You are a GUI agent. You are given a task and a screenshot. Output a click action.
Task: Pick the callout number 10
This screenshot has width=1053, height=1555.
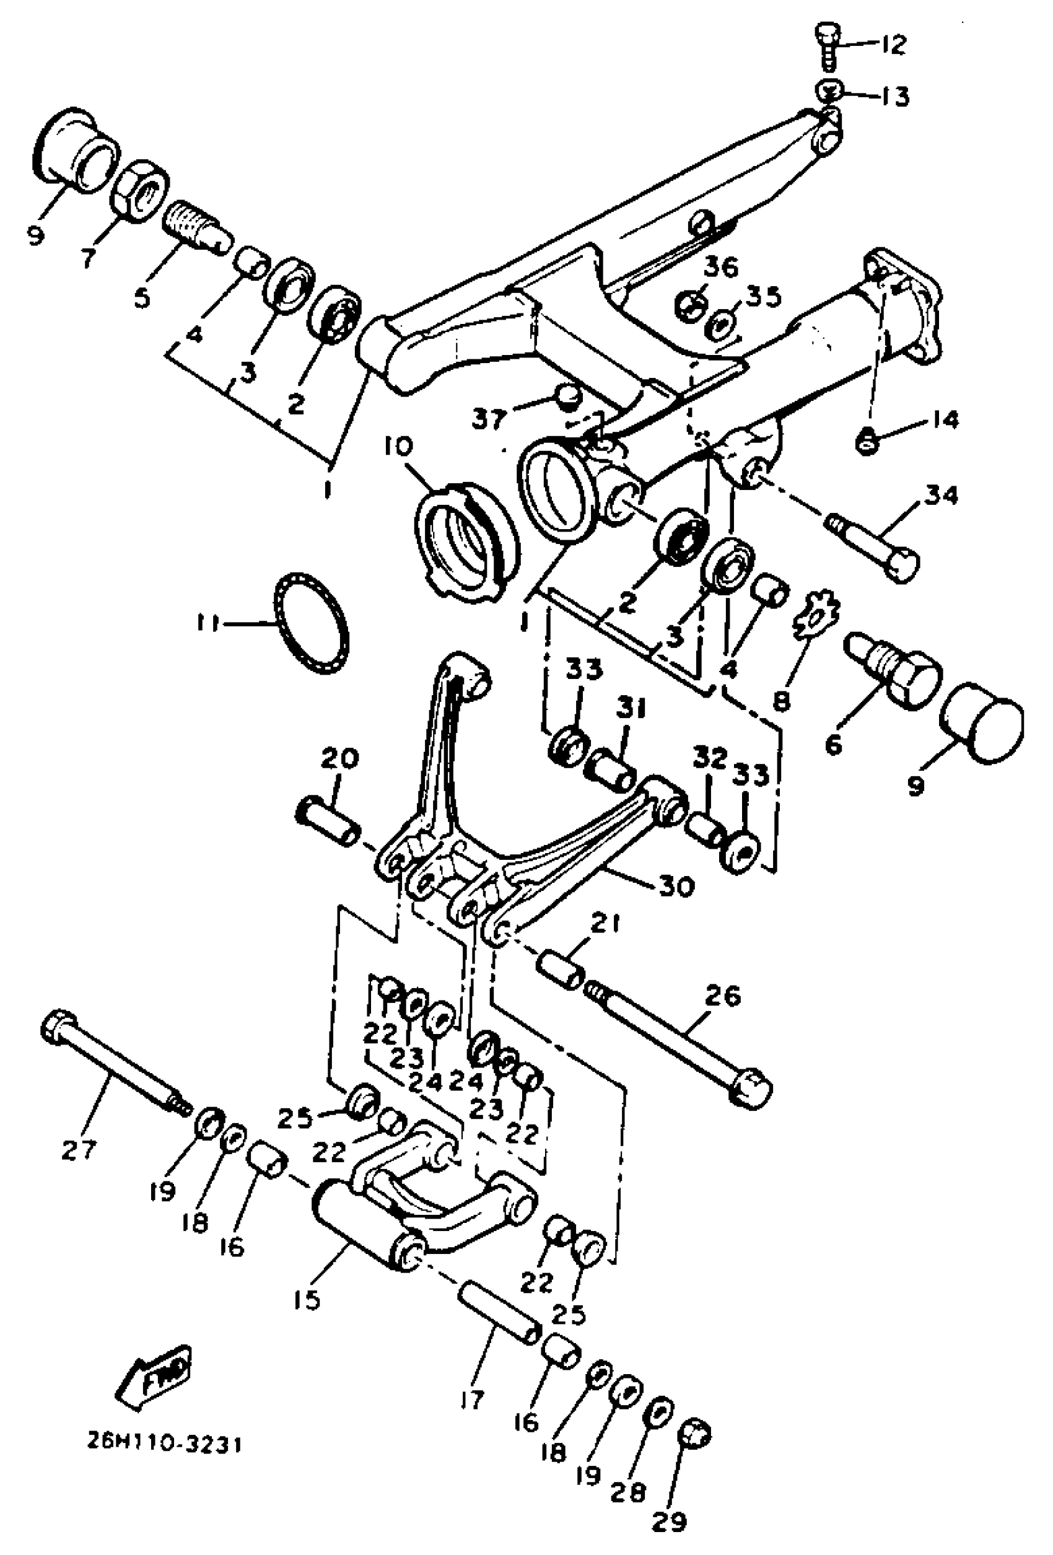[400, 446]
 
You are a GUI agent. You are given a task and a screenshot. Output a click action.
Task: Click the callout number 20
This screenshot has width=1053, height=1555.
[339, 758]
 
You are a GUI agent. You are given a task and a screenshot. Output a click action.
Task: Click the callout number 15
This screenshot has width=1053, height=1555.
[307, 1299]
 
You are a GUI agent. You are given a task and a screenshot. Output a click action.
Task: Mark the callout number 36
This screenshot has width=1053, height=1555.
[720, 267]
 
